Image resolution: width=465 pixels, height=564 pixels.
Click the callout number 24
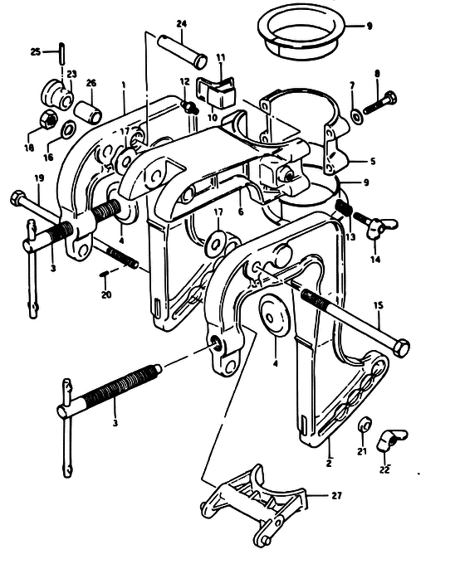click(x=182, y=24)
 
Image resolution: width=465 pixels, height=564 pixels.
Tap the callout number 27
click(x=336, y=496)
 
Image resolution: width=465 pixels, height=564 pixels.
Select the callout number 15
click(x=379, y=306)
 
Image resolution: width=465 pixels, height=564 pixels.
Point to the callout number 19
click(x=39, y=177)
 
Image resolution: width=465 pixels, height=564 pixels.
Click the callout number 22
click(x=384, y=469)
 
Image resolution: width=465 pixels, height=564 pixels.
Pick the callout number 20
click(x=106, y=294)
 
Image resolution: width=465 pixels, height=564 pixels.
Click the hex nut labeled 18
click(x=49, y=119)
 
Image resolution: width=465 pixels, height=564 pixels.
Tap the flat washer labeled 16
click(x=67, y=129)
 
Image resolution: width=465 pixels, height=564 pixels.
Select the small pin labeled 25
click(x=62, y=52)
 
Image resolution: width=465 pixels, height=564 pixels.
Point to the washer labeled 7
click(x=356, y=116)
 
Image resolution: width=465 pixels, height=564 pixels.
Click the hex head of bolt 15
click(x=401, y=348)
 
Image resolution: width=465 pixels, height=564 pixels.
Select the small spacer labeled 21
click(x=365, y=424)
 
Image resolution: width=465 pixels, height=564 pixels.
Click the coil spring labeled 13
click(x=344, y=208)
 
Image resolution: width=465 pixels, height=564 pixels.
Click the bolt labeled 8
click(x=379, y=103)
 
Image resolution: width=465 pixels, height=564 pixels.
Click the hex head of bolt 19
click(x=17, y=197)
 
